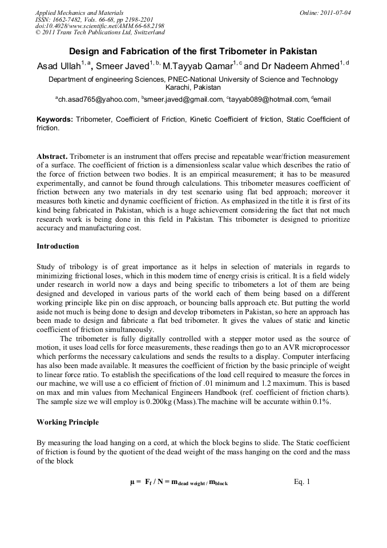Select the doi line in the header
(x=99, y=26)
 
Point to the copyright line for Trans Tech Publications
(x=100, y=33)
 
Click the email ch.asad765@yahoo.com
(x=98, y=99)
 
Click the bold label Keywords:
(x=55, y=119)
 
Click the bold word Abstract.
(x=52, y=156)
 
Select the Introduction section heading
(x=58, y=246)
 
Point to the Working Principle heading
(x=67, y=422)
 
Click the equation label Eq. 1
(x=301, y=482)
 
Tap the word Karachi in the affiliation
(x=178, y=88)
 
